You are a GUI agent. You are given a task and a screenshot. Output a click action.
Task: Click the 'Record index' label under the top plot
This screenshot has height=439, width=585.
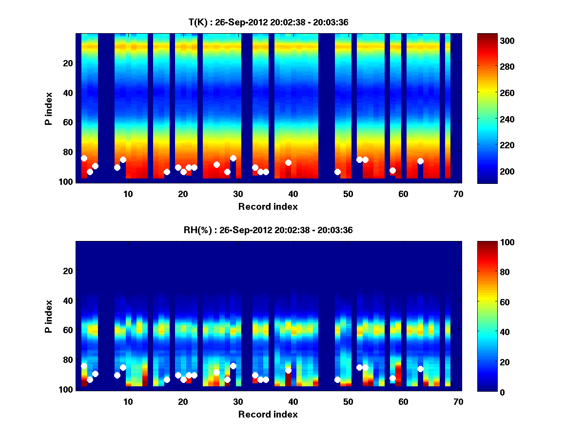[268, 206]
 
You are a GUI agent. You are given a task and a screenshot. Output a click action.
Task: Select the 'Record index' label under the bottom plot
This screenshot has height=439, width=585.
[268, 414]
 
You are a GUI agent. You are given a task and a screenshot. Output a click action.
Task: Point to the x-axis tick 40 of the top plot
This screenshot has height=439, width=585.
[293, 193]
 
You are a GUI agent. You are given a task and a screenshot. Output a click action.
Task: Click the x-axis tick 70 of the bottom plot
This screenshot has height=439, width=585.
[458, 401]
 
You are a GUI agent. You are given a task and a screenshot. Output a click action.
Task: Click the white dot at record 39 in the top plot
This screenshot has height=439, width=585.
[288, 162]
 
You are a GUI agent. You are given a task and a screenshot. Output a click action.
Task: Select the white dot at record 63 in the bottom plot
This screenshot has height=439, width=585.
[420, 369]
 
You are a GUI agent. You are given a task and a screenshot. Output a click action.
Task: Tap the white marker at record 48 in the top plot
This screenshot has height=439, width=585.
[337, 172]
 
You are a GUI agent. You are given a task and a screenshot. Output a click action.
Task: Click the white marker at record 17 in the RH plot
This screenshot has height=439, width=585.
[167, 379]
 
